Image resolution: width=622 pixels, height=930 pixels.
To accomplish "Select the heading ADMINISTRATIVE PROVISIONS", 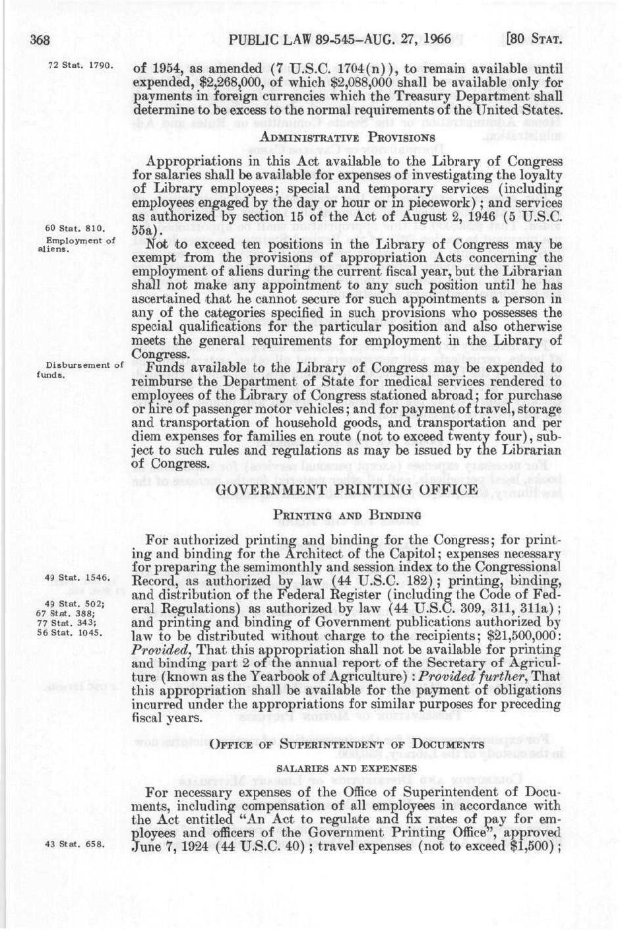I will (348, 137).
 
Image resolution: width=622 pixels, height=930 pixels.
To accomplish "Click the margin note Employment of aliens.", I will (74, 245).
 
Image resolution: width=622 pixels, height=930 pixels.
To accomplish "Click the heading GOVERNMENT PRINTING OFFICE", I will (347, 490).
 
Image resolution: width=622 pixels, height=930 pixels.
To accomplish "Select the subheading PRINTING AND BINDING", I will (348, 515).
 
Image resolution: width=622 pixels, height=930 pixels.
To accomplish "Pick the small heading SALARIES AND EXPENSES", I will (347, 768).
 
